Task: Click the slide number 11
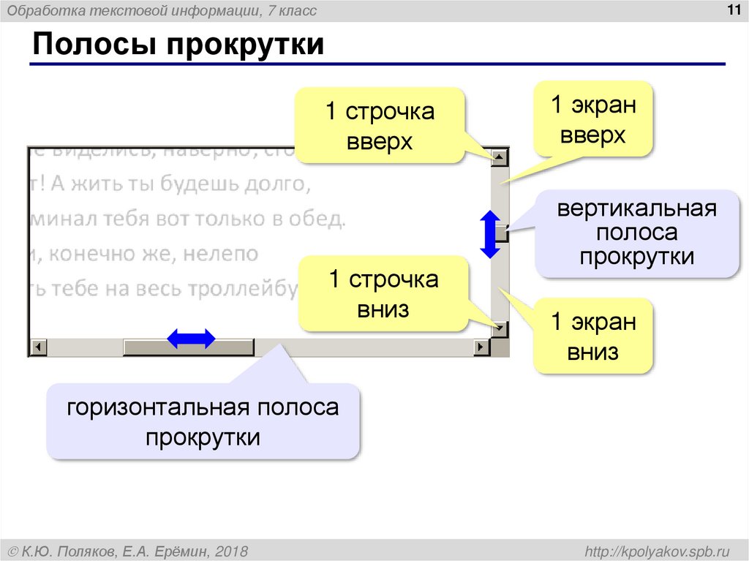tap(732, 9)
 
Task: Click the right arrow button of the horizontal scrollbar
tap(481, 347)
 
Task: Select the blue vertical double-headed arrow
tap(489, 234)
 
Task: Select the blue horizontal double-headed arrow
tap(192, 338)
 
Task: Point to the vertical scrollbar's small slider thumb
tap(501, 234)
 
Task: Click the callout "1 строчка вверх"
tap(380, 126)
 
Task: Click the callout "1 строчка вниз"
tap(383, 293)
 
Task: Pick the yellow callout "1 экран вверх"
tap(592, 119)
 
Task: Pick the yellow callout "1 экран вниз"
tap(593, 336)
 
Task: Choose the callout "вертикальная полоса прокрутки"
tap(636, 233)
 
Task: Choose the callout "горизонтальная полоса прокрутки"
tap(203, 422)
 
